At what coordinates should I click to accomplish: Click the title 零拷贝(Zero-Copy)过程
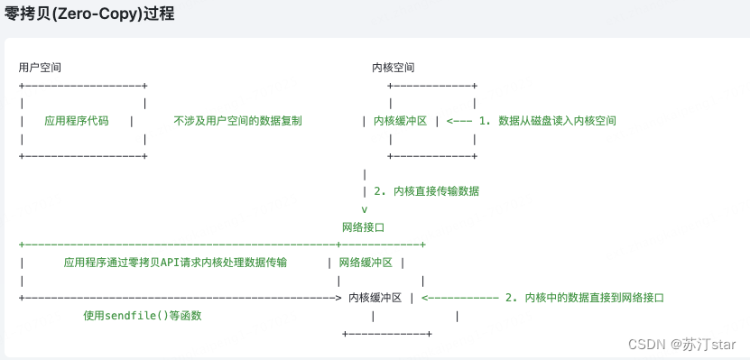point(89,14)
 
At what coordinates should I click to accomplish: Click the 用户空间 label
point(40,68)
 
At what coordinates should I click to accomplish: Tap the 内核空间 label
point(394,68)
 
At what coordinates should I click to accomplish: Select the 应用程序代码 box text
point(76,121)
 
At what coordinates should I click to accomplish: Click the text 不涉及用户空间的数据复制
point(237,121)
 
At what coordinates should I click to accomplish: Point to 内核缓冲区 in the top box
point(400,121)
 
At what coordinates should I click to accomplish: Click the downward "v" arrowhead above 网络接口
point(364,209)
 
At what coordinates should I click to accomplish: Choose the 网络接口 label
point(364,226)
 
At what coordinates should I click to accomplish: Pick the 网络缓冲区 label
point(366,262)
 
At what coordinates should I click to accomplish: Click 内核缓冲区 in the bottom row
point(375,297)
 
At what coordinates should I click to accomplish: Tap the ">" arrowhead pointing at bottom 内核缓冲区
point(338,297)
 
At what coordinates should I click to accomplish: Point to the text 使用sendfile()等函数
point(142,315)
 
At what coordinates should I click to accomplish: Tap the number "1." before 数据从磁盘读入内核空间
point(484,121)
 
